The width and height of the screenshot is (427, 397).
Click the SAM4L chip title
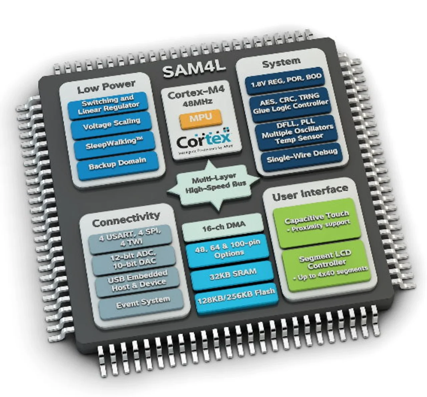[194, 70]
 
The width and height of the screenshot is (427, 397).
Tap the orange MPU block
[201, 118]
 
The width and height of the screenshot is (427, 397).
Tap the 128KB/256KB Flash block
[236, 296]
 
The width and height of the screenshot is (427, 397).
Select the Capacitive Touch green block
[317, 221]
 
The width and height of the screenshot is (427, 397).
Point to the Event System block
[143, 302]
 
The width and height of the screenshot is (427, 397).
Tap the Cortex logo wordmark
[203, 140]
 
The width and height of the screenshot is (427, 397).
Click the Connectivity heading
[126, 219]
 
